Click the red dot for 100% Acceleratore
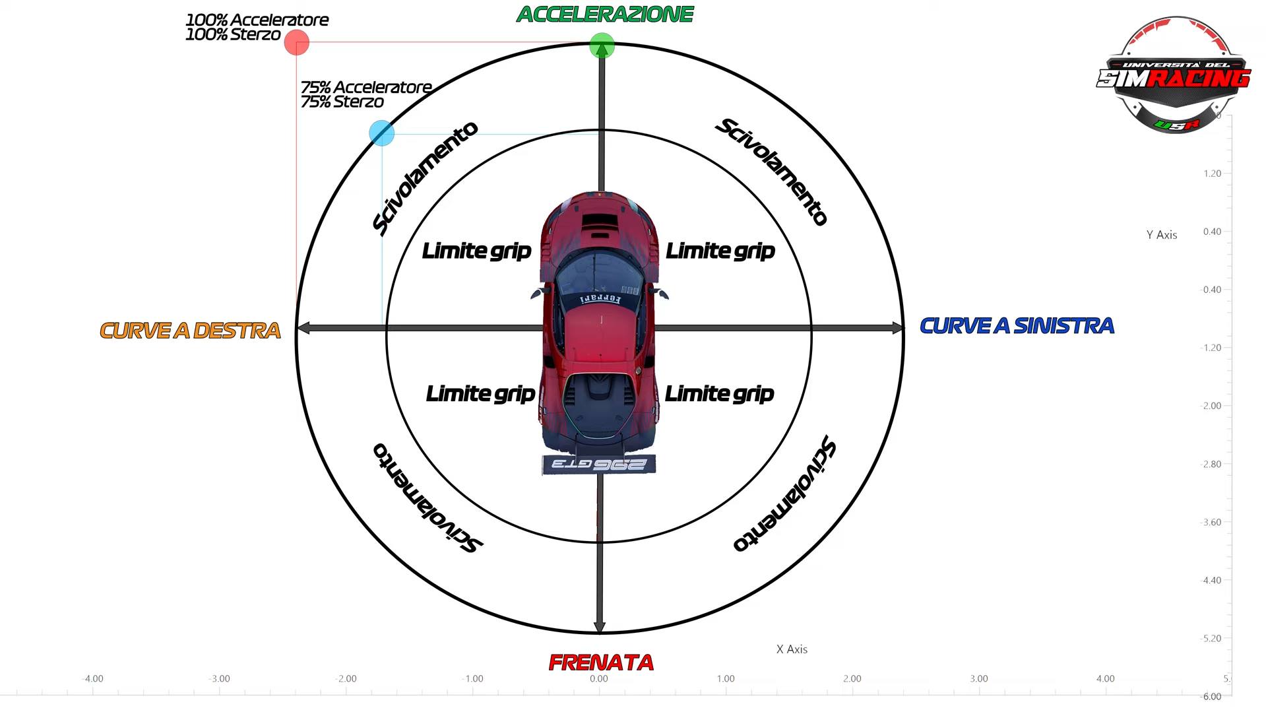pos(297,42)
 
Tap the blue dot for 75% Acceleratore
pos(382,133)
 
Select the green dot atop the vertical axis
pos(602,46)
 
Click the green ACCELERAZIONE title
pos(605,15)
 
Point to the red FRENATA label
pos(601,663)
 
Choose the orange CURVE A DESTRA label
pos(190,331)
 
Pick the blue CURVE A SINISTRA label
pos(1017,326)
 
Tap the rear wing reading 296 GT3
pos(598,465)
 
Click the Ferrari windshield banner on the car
pos(600,300)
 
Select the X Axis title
pos(792,649)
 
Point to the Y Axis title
pos(1161,235)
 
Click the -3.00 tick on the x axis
pos(220,679)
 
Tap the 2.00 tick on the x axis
pos(852,679)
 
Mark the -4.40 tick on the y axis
pos(1211,581)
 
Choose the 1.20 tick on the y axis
pos(1212,174)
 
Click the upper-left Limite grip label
pos(476,251)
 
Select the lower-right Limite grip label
pos(719,394)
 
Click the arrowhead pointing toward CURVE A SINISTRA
pos(898,328)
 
